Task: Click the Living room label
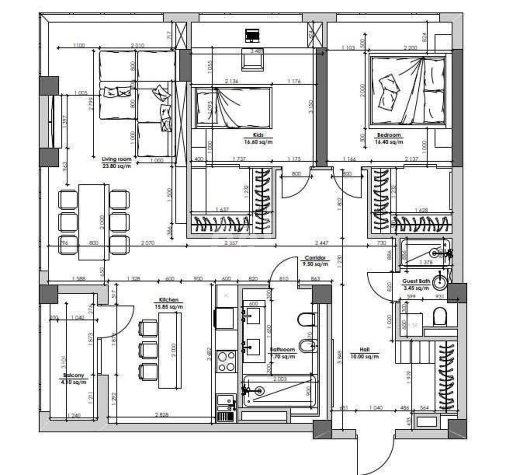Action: pyautogui.click(x=116, y=159)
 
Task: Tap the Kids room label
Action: pyautogui.click(x=258, y=135)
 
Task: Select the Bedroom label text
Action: pyautogui.click(x=389, y=135)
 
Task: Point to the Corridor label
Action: pyautogui.click(x=315, y=258)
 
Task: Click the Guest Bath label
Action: pyautogui.click(x=416, y=281)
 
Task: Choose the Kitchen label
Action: pyautogui.click(x=168, y=300)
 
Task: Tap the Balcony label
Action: pyautogui.click(x=73, y=375)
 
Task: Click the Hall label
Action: pyautogui.click(x=365, y=350)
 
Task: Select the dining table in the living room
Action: pyautogui.click(x=94, y=222)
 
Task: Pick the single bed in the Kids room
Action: pyautogui.click(x=231, y=107)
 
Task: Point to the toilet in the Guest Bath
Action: pyautogui.click(x=439, y=317)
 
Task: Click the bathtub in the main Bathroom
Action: pyautogui.click(x=279, y=391)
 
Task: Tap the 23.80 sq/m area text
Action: pyautogui.click(x=116, y=166)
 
